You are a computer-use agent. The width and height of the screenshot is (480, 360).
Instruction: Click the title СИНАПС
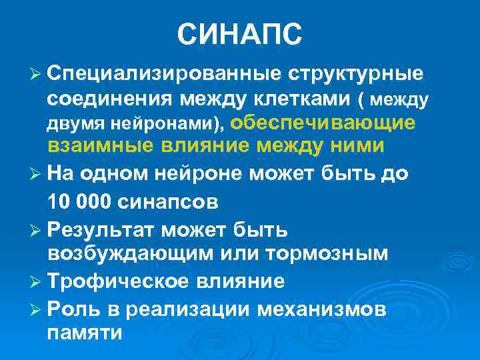[x=240, y=35]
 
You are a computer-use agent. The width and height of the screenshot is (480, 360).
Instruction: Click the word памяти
[x=85, y=333]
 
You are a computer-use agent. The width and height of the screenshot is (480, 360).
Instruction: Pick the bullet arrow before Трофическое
[x=37, y=281]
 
